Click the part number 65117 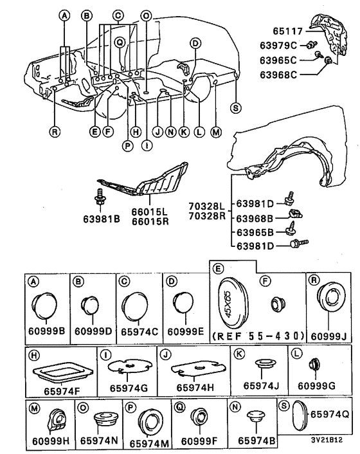click(287, 31)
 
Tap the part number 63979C click(278, 46)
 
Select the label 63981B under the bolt click(102, 219)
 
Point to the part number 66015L click(149, 212)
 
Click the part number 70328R click(207, 216)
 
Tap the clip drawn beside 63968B click(295, 215)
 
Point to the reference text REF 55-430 click(258, 336)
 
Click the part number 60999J click(328, 336)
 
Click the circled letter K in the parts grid click(240, 354)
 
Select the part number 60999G click(316, 386)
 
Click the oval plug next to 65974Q click(298, 416)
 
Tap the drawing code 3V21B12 click(327, 440)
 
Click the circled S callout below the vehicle click(235, 108)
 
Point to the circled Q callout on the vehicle click(120, 42)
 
